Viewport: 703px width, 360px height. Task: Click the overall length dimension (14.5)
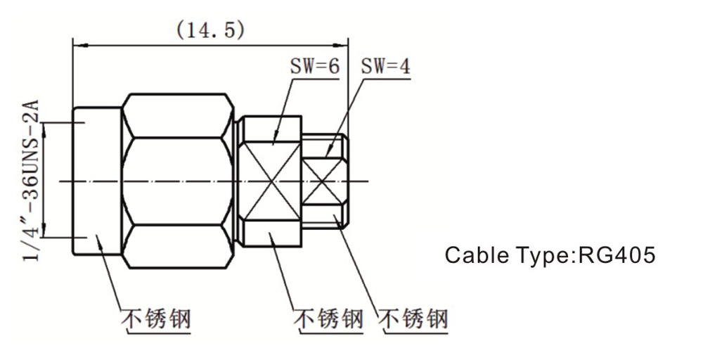[x=210, y=30]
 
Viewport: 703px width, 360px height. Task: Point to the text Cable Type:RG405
[x=550, y=255]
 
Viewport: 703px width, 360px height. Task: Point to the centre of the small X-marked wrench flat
[x=323, y=181]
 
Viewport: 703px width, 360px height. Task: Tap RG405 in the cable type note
[x=617, y=255]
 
